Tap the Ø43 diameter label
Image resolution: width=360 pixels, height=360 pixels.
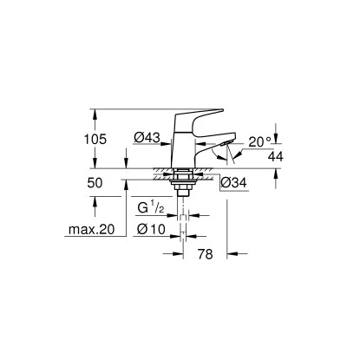pos(147,137)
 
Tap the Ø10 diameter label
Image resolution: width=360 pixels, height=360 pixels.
pos(153,229)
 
